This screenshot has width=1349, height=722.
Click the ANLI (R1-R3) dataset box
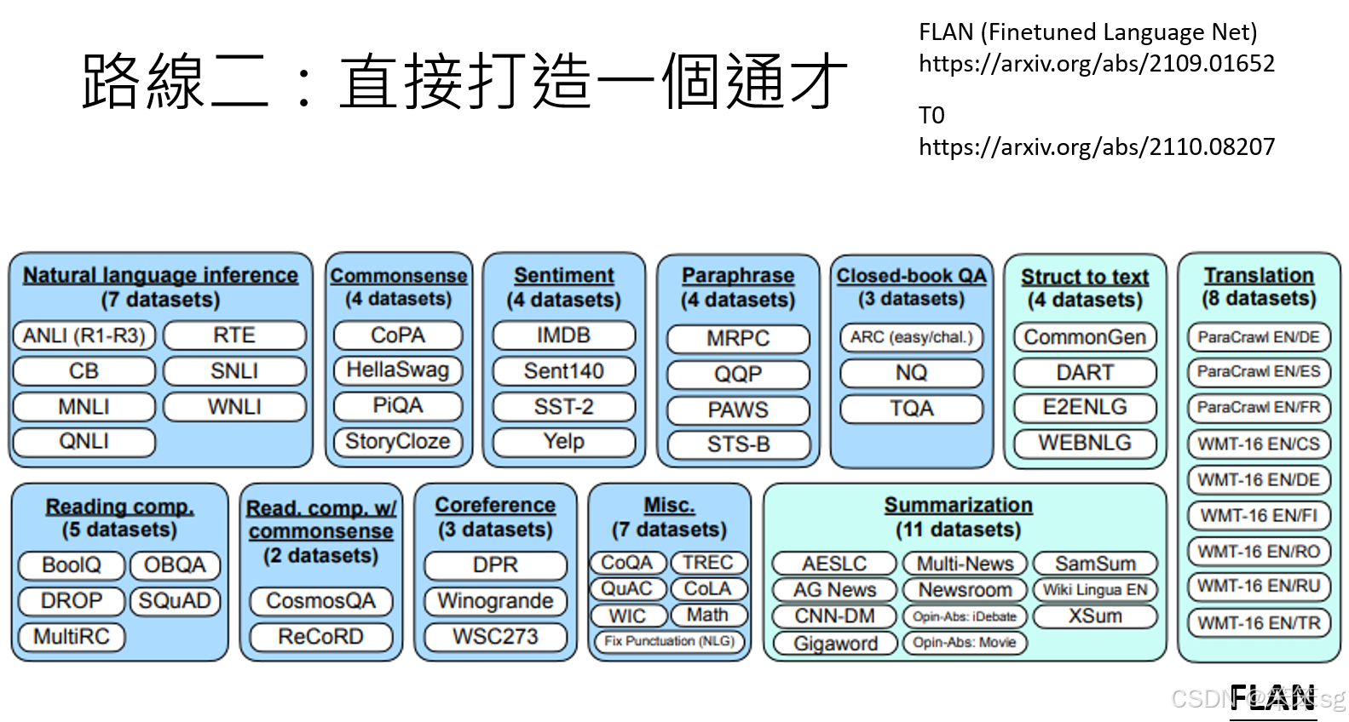84,335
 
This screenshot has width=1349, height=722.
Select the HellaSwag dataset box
398,370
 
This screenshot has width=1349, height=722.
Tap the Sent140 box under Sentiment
563,371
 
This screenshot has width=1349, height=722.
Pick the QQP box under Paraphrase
738,375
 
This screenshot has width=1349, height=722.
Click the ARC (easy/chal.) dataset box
911,337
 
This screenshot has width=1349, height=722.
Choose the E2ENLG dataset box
1085,407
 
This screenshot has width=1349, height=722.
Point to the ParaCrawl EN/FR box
1258,407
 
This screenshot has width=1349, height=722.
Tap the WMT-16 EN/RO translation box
1258,551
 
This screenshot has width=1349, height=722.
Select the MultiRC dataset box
72,637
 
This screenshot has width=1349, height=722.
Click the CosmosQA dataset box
320,601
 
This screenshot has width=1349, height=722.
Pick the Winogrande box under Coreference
495,601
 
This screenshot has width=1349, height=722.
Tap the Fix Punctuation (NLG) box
669,641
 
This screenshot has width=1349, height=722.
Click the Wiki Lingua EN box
1095,589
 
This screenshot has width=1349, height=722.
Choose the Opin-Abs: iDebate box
965,616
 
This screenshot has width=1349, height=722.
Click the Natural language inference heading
160,275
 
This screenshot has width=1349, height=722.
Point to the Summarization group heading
958,505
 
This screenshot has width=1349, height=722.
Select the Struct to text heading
1085,277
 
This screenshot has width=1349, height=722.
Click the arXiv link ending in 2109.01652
1096,64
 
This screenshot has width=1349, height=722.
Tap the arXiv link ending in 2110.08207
1096,147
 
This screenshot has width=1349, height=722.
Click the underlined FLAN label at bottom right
1272,698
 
